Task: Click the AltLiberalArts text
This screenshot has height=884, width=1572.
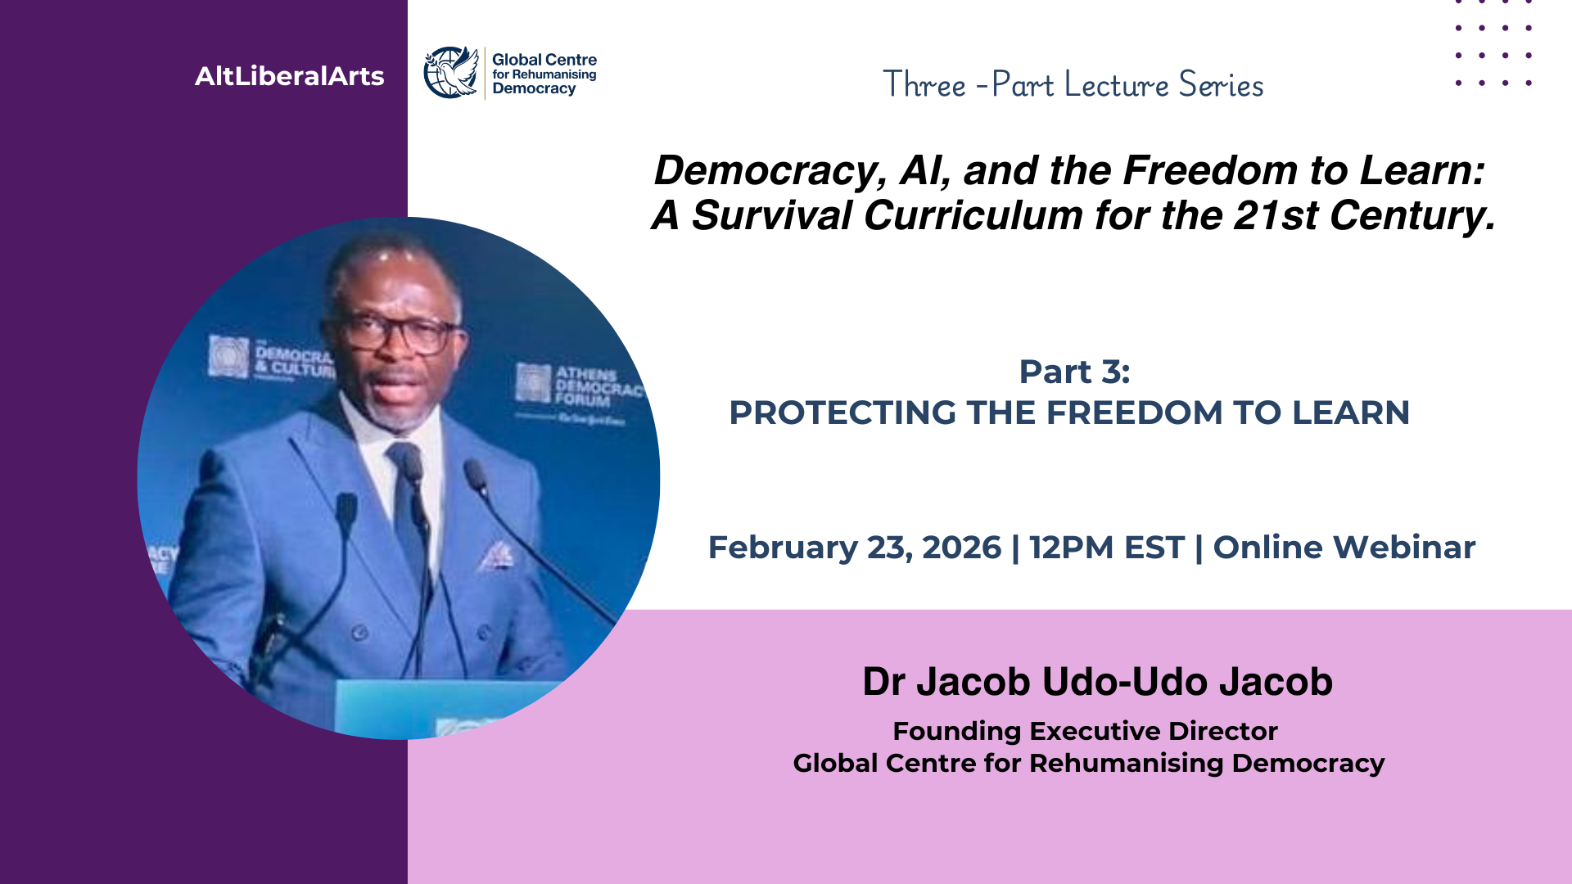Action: [289, 76]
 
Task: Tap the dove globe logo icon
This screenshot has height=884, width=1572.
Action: [451, 72]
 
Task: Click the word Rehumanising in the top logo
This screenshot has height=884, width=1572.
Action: [553, 74]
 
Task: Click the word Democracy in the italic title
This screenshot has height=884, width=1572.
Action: [770, 170]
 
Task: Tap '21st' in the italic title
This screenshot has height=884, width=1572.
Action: [1275, 215]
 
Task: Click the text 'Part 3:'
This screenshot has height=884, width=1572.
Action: [1074, 372]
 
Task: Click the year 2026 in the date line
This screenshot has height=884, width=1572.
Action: [961, 547]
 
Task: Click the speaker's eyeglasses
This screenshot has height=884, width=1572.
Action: [401, 331]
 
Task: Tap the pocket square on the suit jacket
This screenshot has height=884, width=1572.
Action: [496, 556]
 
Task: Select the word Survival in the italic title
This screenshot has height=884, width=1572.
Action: [772, 215]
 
